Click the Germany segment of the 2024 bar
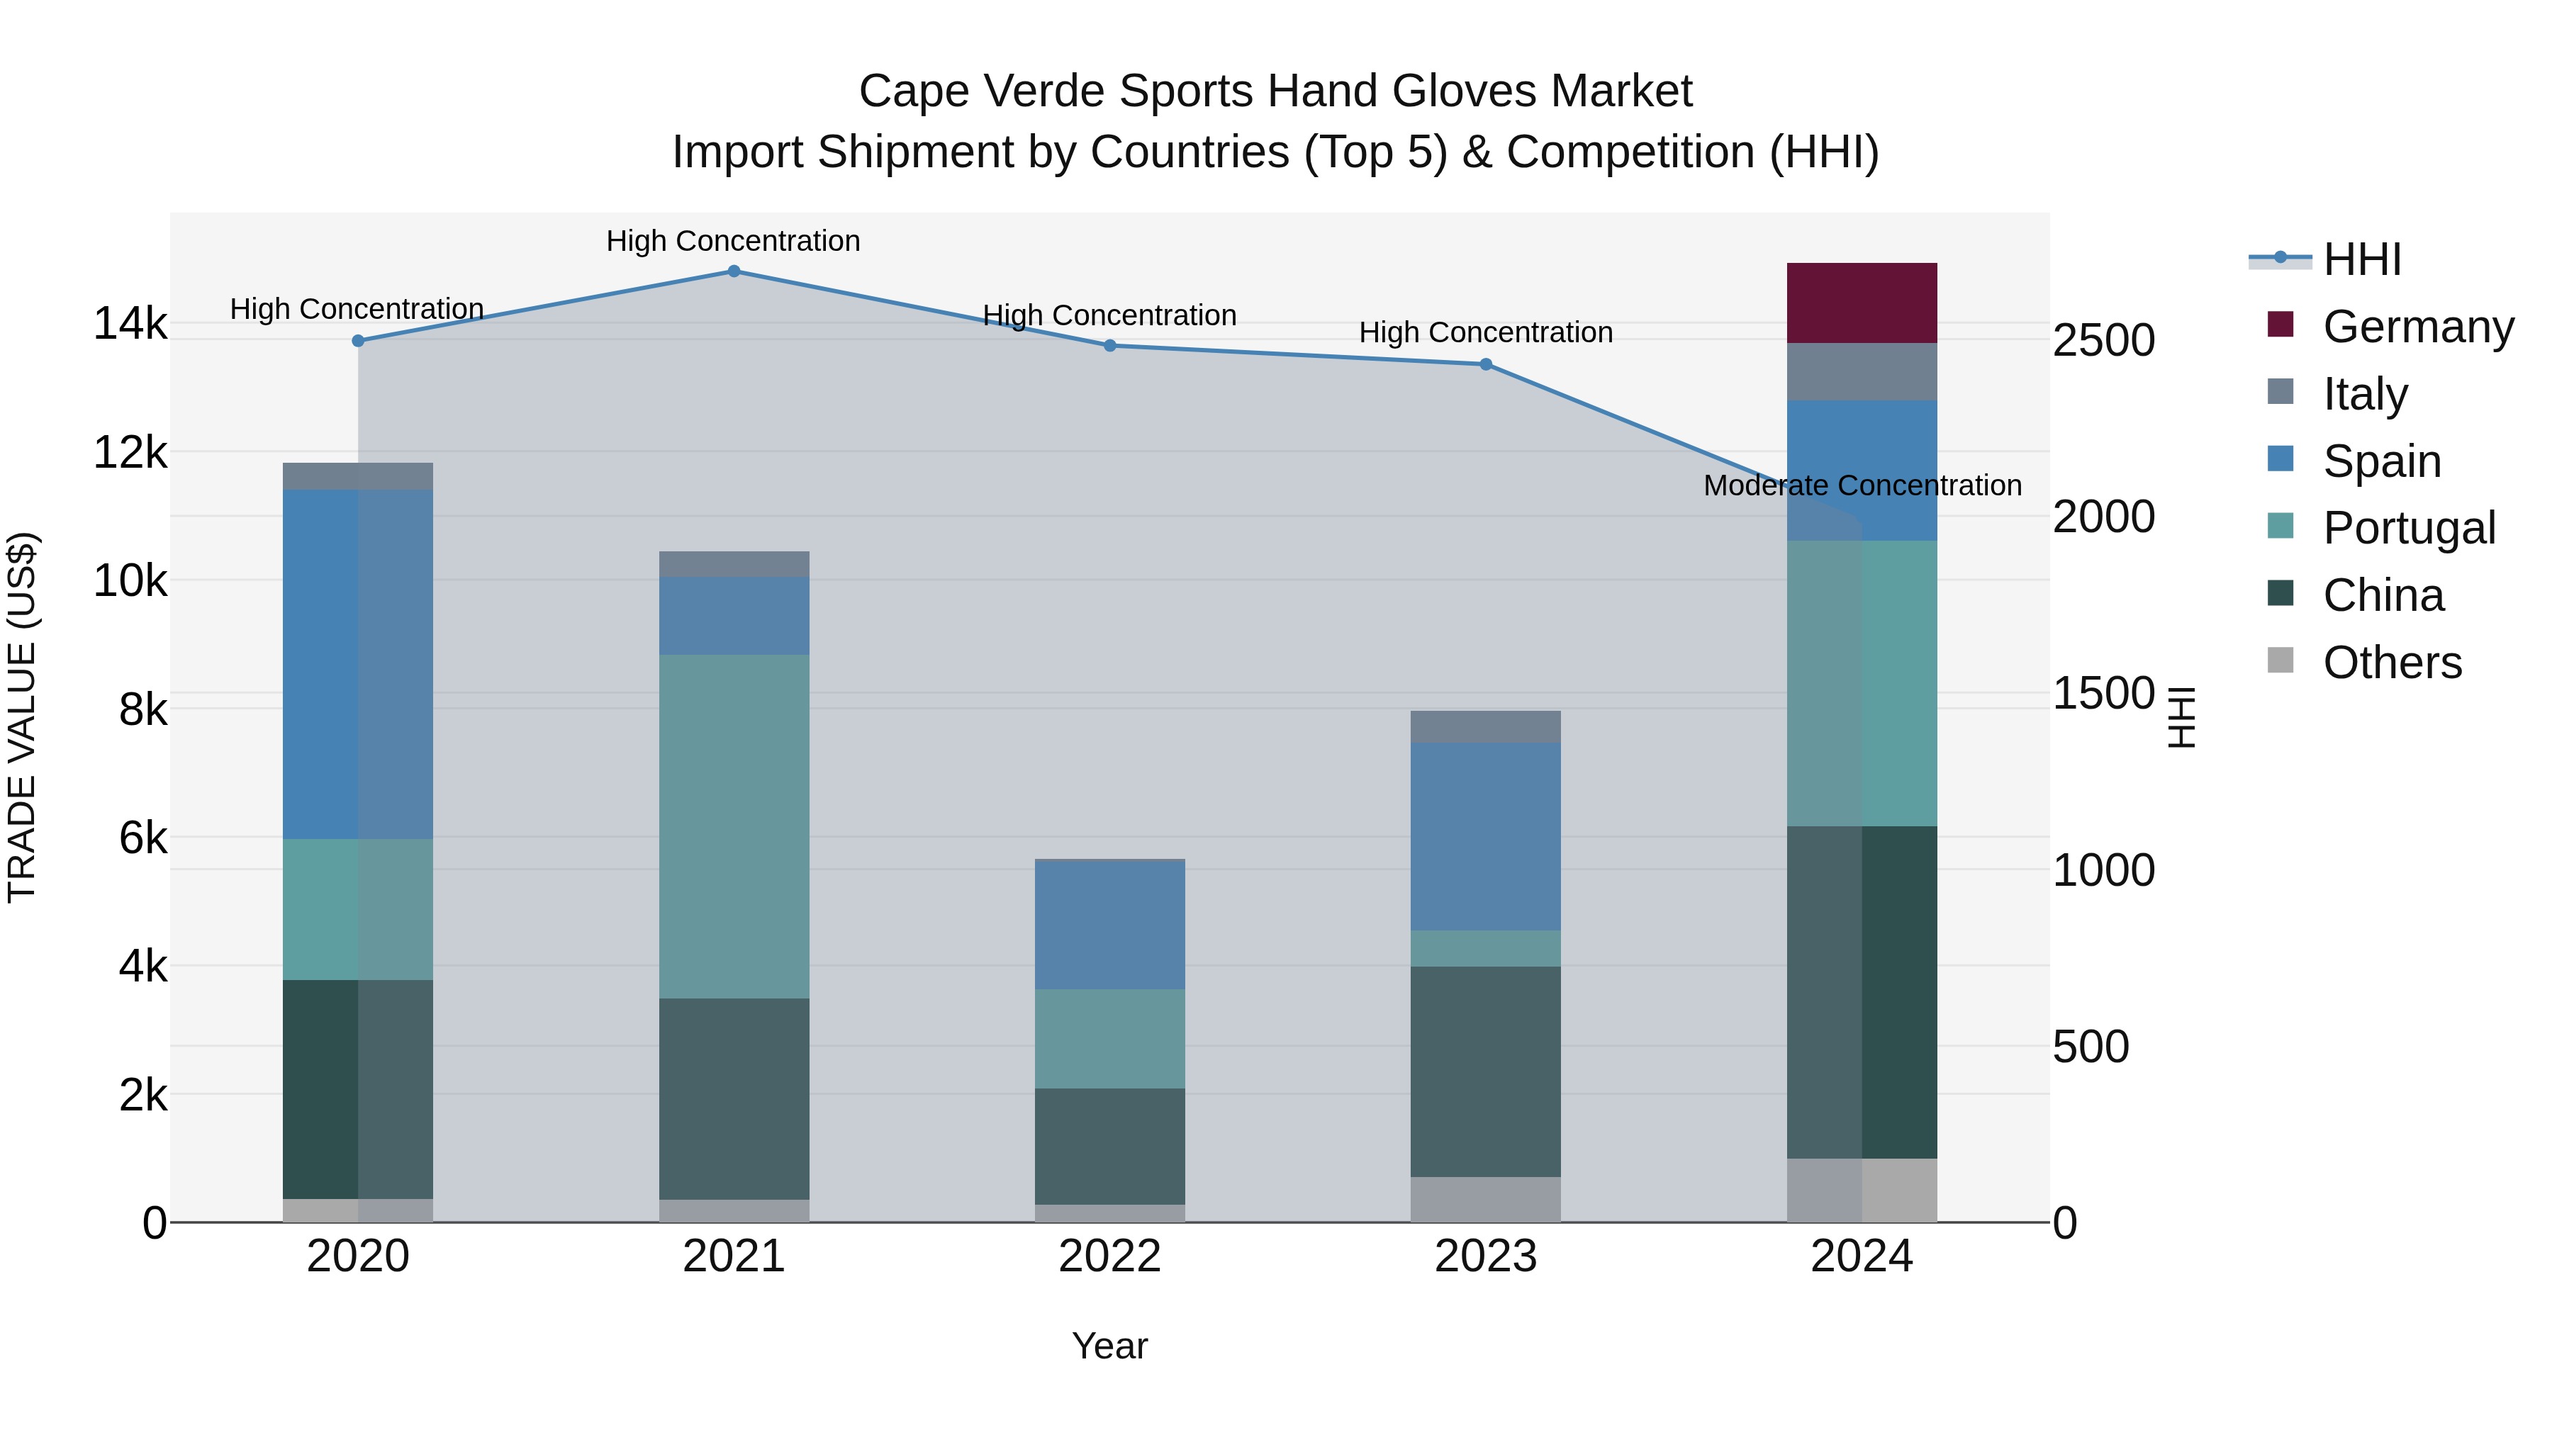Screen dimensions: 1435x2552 click(1861, 303)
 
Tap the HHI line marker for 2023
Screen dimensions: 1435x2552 click(1485, 364)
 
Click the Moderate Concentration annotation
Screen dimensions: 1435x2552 click(1862, 485)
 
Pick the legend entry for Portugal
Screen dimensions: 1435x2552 click(2407, 528)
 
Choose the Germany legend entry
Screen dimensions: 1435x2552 click(2417, 327)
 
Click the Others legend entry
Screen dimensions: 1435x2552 click(2392, 663)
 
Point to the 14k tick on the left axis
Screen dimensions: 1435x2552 click(130, 324)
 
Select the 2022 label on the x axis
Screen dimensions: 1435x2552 click(1109, 1256)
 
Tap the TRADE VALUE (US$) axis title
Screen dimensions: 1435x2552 click(23, 717)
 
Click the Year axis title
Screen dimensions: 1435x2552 click(1109, 1346)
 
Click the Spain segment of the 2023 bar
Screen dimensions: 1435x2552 click(1485, 836)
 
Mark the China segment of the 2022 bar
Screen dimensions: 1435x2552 click(1109, 1146)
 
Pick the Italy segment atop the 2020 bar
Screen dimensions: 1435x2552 click(358, 475)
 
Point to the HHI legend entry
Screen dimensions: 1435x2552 click(2362, 259)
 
